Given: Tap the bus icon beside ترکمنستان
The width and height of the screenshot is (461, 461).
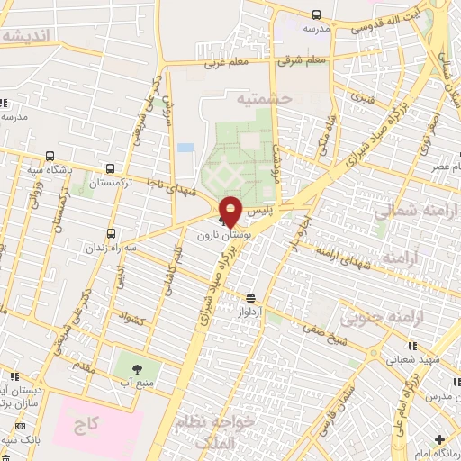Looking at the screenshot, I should pos(110,167).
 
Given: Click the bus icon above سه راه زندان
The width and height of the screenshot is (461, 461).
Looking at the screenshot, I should pos(110,232).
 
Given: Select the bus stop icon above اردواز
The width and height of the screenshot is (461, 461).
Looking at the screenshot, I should pos(249,298).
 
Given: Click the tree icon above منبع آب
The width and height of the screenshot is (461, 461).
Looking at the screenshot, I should pos(137,368).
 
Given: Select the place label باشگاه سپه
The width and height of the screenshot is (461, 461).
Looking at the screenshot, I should pos(54,168).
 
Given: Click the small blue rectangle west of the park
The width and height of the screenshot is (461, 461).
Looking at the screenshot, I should pos(185,147).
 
